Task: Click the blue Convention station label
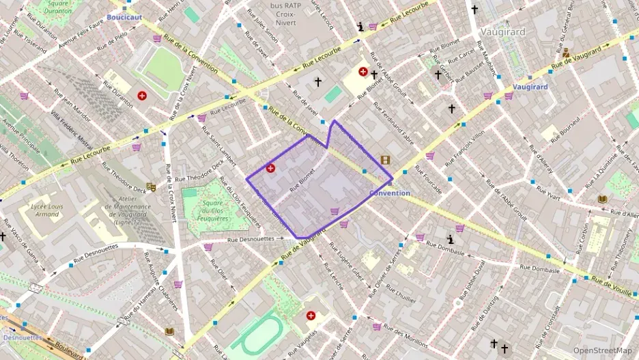coord(389,193)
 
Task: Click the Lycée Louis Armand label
coord(42,210)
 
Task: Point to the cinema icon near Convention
coord(386,160)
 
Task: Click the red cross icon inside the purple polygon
coord(270,167)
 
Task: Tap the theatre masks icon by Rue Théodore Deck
coord(151,186)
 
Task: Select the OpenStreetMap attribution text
coord(602,350)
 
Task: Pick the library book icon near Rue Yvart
coord(602,199)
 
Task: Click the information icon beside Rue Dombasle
coord(451,239)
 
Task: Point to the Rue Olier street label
coord(223,277)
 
